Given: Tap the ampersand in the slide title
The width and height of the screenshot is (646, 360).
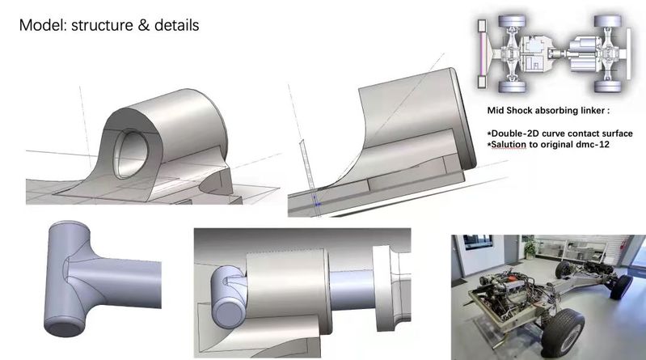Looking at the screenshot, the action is pyautogui.click(x=143, y=25).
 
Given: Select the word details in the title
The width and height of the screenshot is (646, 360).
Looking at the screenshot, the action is pyautogui.click(x=177, y=25).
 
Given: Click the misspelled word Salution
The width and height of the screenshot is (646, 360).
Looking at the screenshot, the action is pyautogui.click(x=509, y=144).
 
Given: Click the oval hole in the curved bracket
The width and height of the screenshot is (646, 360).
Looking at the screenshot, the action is pyautogui.click(x=130, y=154).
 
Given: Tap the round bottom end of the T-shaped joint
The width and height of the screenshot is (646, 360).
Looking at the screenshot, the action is pyautogui.click(x=64, y=328).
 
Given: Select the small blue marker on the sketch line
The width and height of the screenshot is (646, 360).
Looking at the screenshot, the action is pyautogui.click(x=317, y=201).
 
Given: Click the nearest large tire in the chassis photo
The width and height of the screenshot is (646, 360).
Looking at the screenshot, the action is pyautogui.click(x=563, y=332).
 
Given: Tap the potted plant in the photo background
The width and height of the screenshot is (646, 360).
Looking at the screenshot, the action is pyautogui.click(x=530, y=248).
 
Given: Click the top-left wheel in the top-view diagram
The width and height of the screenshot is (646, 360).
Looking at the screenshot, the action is pyautogui.click(x=512, y=21).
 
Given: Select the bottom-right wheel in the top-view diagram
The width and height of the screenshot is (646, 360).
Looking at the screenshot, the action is pyautogui.click(x=608, y=87).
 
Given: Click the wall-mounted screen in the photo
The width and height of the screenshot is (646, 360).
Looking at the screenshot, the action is pyautogui.click(x=478, y=242).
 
